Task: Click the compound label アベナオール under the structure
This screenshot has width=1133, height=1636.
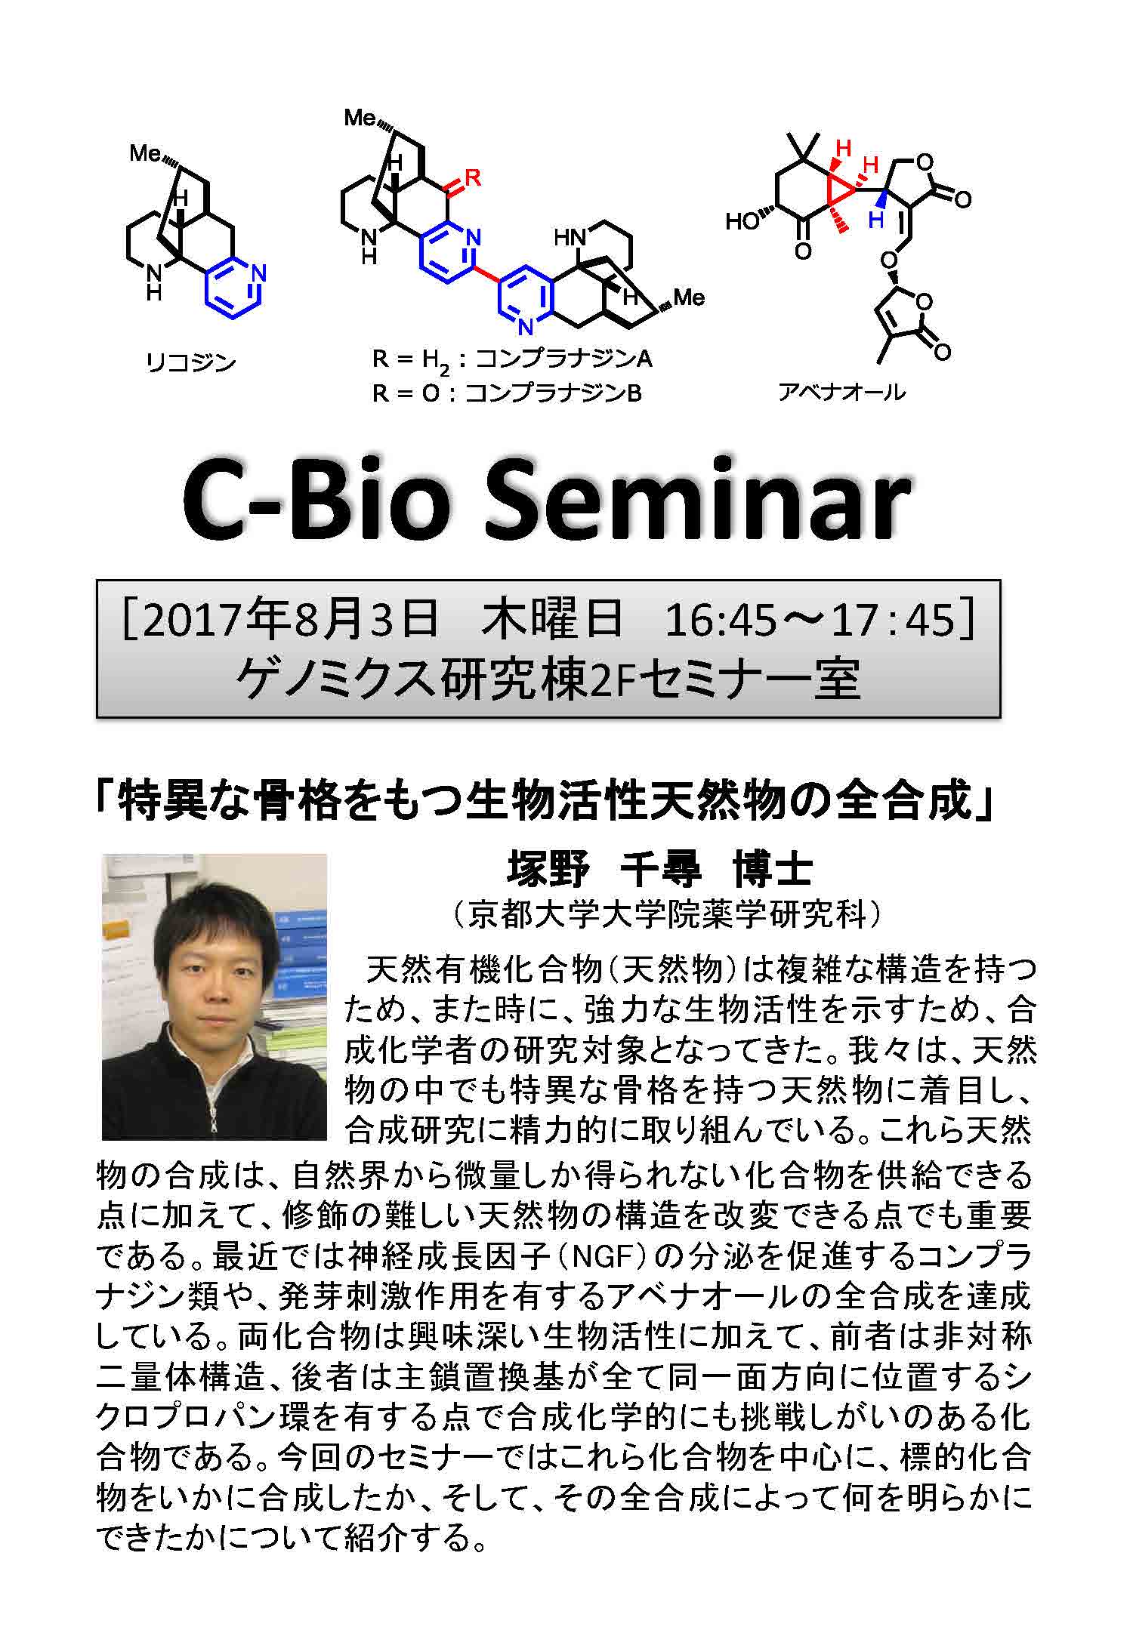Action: coord(841,392)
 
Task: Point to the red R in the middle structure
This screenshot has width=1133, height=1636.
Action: coord(473,178)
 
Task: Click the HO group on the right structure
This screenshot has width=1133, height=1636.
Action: coord(743,222)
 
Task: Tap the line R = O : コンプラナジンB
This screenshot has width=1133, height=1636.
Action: coord(507,393)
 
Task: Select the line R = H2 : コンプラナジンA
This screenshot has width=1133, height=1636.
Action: coord(512,359)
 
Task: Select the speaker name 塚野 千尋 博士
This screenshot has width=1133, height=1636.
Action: coord(659,870)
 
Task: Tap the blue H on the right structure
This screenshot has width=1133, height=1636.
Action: coord(875,220)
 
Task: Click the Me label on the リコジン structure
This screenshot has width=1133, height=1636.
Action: coord(144,154)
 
